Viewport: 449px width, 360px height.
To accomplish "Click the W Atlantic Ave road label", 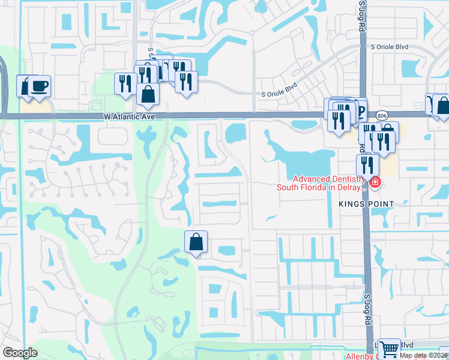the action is pos(133,117).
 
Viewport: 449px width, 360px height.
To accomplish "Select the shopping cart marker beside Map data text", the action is pos(390,347).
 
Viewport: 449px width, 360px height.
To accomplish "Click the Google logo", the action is pos(20,352).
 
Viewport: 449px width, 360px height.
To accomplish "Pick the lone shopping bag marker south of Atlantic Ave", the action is pos(196,242).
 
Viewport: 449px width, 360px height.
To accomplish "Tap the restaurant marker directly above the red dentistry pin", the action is pos(367,164).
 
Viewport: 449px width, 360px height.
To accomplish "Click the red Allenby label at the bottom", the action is pos(359,356).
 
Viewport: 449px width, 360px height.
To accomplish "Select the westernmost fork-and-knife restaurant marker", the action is pos(124,83).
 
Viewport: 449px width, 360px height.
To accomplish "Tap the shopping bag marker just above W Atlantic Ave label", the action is pos(148,94).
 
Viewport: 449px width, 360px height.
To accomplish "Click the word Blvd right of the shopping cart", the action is pos(408,345).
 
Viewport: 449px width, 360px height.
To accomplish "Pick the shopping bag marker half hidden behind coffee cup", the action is pos(24,85).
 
